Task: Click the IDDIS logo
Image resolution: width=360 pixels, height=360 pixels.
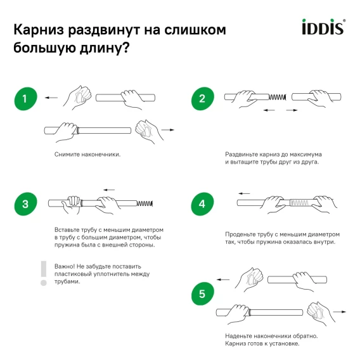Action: click(x=323, y=27)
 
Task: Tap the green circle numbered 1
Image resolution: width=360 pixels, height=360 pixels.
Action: click(x=26, y=99)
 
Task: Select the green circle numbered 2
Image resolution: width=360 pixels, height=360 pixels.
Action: click(x=203, y=99)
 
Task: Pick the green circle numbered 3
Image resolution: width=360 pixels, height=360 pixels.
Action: click(x=26, y=204)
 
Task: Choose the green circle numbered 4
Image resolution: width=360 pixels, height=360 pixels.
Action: click(x=202, y=204)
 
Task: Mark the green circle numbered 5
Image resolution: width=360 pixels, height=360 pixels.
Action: click(x=203, y=293)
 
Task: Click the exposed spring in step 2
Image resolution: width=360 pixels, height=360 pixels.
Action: click(x=278, y=97)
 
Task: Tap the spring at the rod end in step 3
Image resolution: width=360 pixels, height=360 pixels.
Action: click(x=145, y=203)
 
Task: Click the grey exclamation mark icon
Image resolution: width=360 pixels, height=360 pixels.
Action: click(x=44, y=273)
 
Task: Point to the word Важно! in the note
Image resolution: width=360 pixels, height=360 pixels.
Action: click(x=65, y=267)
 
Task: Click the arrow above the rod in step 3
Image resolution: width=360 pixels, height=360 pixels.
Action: click(x=109, y=190)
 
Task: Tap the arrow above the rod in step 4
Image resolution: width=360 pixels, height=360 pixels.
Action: click(x=244, y=193)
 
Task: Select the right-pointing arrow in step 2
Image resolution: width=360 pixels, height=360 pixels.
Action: click(x=292, y=110)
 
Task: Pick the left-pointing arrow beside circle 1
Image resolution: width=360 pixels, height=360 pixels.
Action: click(x=51, y=98)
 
